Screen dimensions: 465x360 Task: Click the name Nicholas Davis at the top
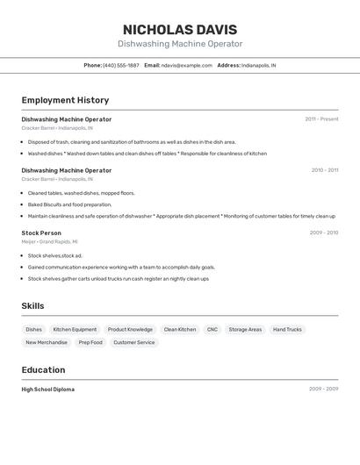tap(180, 29)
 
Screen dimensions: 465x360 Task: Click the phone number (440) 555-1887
tap(120, 65)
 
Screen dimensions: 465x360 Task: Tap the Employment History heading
tap(65, 100)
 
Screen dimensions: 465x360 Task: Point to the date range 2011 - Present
tap(321, 119)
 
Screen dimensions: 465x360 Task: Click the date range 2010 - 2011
tap(324, 170)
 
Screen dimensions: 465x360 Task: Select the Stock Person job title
tap(41, 232)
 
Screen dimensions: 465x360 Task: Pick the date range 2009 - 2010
tap(323, 232)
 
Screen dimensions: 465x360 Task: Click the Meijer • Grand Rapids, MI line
tap(50, 241)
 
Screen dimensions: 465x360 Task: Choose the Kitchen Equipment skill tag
tap(75, 330)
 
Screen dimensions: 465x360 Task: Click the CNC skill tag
tap(212, 330)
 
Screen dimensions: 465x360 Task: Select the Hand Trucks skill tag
tap(287, 330)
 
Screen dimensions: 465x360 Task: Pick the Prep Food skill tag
tap(90, 343)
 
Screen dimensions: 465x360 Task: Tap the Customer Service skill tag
tap(134, 343)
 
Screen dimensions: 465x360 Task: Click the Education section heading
tap(43, 370)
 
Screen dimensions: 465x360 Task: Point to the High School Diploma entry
tap(48, 389)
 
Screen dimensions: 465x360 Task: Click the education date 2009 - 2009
tap(323, 389)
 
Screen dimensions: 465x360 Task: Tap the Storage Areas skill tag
tap(245, 330)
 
